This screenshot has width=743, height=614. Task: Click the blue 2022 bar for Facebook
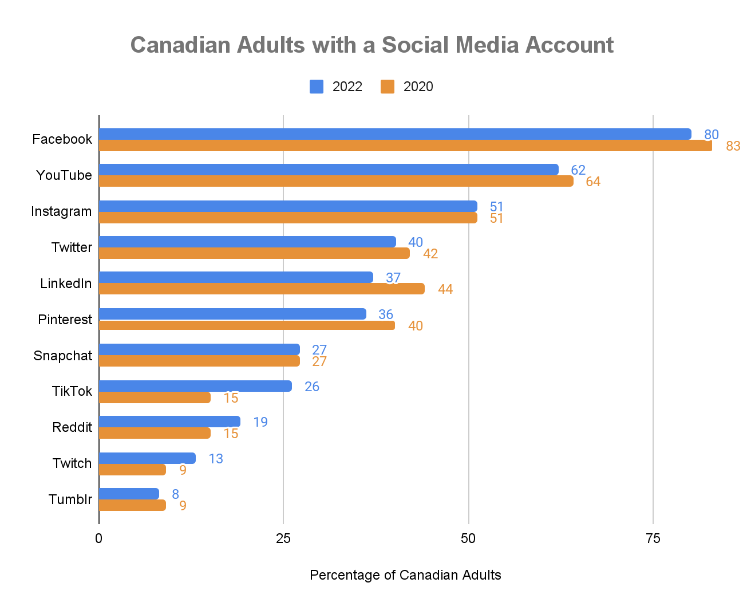pyautogui.click(x=395, y=134)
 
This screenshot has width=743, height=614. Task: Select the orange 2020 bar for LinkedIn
pyautogui.click(x=262, y=289)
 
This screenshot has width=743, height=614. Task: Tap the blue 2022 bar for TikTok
pyautogui.click(x=195, y=386)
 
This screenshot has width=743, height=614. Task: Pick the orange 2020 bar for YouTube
pyautogui.click(x=336, y=181)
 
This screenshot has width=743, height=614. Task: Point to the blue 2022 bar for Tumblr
pyautogui.click(x=129, y=494)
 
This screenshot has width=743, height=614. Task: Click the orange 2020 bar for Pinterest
pyautogui.click(x=247, y=325)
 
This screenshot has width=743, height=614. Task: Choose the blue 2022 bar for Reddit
pyautogui.click(x=169, y=422)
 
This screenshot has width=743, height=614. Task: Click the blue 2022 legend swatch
pyautogui.click(x=317, y=86)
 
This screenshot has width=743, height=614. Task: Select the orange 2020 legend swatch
pyautogui.click(x=388, y=86)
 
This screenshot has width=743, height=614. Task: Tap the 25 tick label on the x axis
pyautogui.click(x=283, y=538)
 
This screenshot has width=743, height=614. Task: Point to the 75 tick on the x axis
pyautogui.click(x=653, y=538)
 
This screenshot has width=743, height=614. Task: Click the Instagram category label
pyautogui.click(x=61, y=211)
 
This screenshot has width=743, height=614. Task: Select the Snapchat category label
pyautogui.click(x=62, y=356)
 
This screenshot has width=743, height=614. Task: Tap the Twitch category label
pyautogui.click(x=72, y=463)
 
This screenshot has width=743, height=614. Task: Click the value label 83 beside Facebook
pyautogui.click(x=733, y=146)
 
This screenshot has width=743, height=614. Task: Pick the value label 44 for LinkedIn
pyautogui.click(x=445, y=289)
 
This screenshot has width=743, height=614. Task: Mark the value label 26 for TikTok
pyautogui.click(x=311, y=387)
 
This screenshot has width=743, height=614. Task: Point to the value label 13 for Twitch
pyautogui.click(x=215, y=459)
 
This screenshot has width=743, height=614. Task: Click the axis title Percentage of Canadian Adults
pyautogui.click(x=405, y=575)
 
